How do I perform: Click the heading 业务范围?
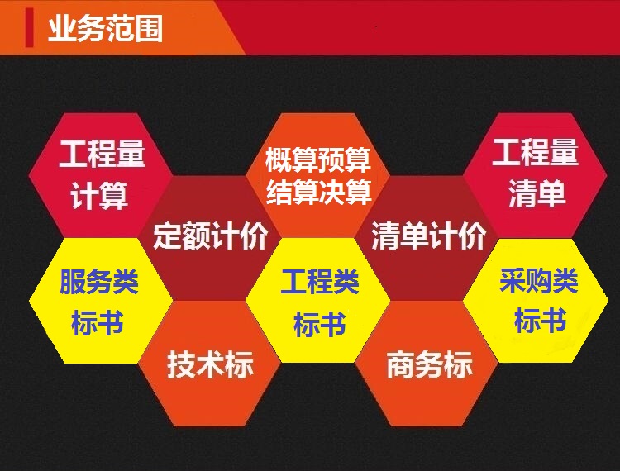(x=105, y=28)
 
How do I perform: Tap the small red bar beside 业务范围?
(x=29, y=27)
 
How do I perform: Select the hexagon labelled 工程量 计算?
(x=101, y=175)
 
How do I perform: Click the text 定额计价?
(x=210, y=235)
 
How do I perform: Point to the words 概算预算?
(x=318, y=160)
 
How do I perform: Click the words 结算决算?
(x=319, y=192)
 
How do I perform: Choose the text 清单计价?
(x=428, y=235)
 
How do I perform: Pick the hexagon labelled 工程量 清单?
(x=535, y=175)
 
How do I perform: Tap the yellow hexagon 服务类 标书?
(x=101, y=301)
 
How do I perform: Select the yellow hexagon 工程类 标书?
(x=318, y=301)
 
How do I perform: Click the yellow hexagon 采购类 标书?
(x=536, y=301)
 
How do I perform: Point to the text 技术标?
(x=210, y=364)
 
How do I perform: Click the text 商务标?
(x=429, y=364)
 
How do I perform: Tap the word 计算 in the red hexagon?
(x=99, y=196)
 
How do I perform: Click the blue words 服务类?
(x=99, y=281)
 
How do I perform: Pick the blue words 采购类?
(x=539, y=280)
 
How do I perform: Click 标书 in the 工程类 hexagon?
(x=320, y=324)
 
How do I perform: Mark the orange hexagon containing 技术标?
(x=210, y=364)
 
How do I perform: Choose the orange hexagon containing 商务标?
(x=427, y=364)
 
